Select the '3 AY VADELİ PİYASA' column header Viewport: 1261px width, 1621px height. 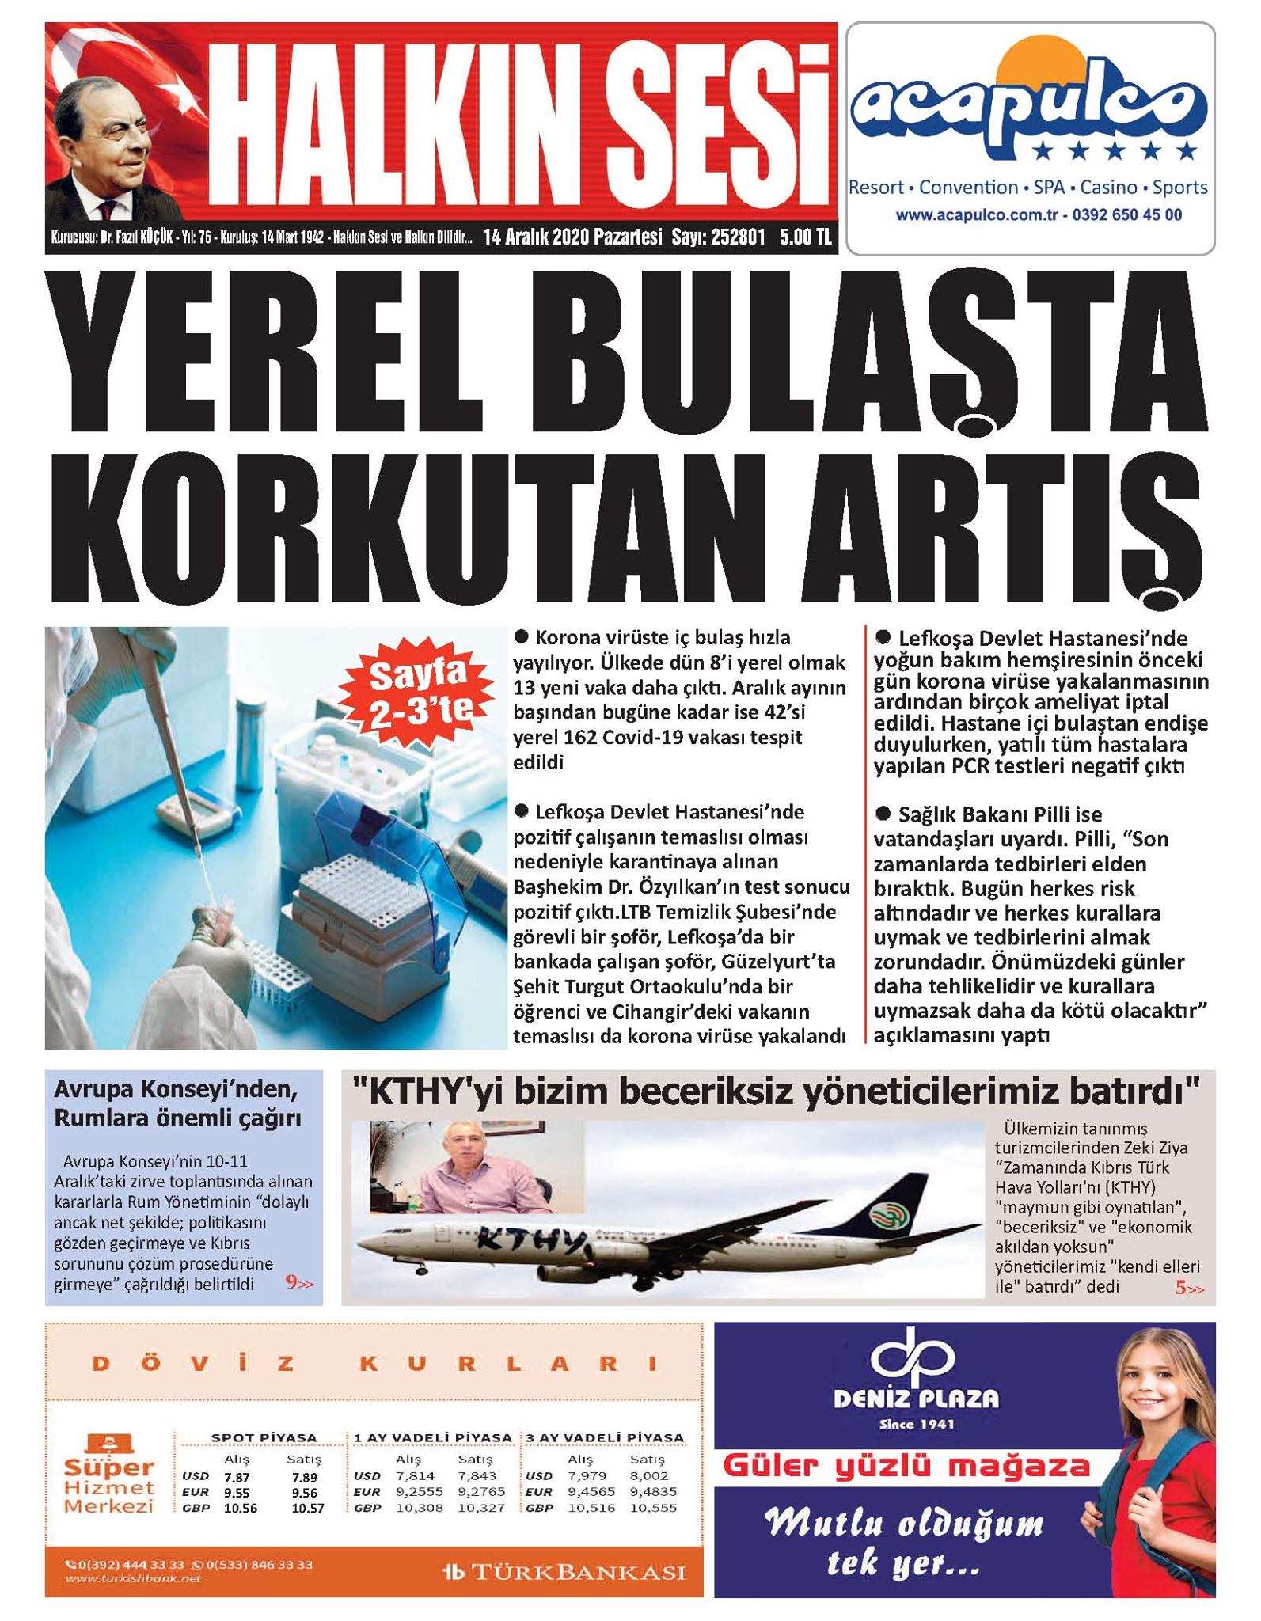605,1437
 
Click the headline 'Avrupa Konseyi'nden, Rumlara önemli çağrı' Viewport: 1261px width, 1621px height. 178,1103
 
